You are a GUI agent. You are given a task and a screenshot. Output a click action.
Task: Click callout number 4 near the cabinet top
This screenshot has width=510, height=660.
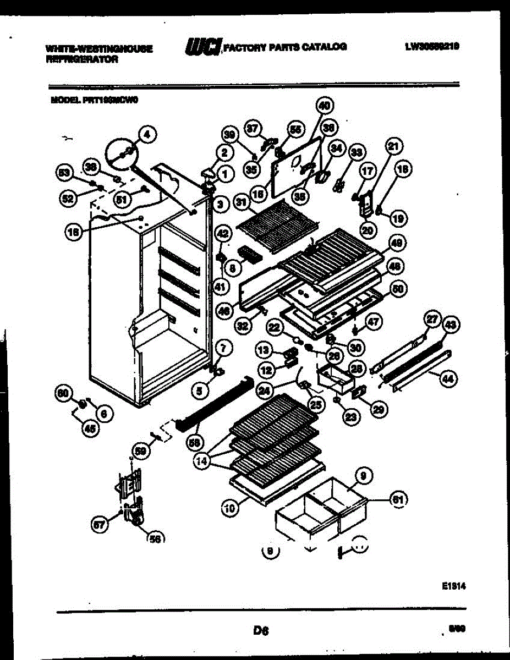pos(147,133)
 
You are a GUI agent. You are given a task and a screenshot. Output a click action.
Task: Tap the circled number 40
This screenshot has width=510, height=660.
pos(325,106)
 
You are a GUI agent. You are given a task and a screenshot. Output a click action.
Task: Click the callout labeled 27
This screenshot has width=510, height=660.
pos(432,319)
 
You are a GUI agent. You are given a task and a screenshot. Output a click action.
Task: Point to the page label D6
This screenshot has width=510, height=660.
pos(260,631)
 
